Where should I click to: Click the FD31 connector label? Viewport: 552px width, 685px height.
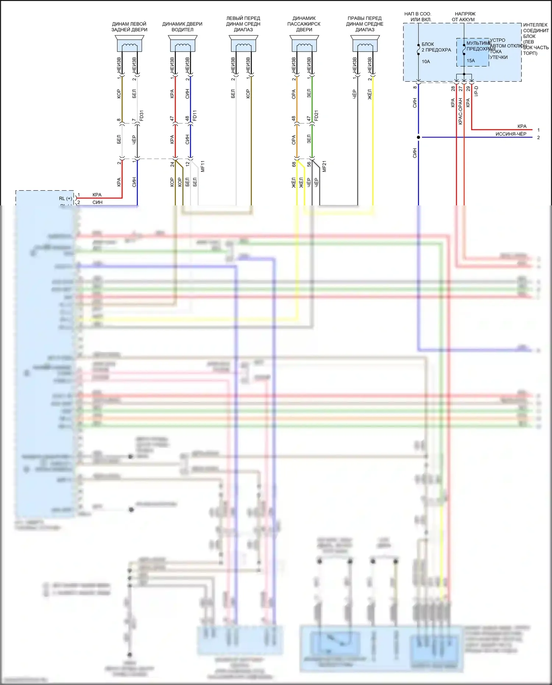tap(142, 116)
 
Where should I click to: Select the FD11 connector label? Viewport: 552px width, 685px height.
tap(195, 116)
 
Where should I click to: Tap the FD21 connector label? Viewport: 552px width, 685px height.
tap(316, 116)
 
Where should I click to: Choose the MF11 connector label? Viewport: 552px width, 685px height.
tap(203, 166)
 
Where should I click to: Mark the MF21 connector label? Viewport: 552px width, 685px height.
tap(324, 166)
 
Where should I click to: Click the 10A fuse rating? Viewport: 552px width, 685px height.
tap(426, 61)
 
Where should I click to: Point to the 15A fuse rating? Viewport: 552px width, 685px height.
tap(471, 61)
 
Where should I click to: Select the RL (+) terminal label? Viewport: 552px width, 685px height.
tap(66, 198)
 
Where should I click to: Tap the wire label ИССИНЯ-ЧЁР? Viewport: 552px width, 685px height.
tap(511, 134)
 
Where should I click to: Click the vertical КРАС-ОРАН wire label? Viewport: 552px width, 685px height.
tap(460, 111)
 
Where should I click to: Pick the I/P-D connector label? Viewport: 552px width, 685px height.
tap(476, 91)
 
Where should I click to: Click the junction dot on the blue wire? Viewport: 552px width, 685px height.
tap(418, 137)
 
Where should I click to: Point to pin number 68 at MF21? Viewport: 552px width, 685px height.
tap(294, 164)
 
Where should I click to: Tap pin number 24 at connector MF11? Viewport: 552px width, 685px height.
tap(172, 164)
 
